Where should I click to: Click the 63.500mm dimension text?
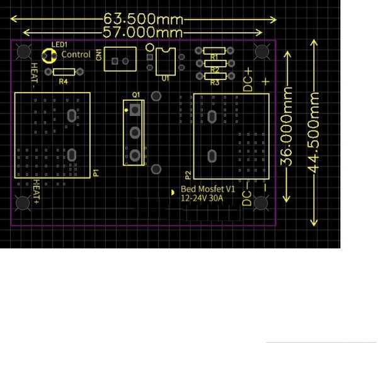(143, 19)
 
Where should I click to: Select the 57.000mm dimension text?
(143, 32)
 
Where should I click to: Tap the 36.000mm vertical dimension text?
(287, 127)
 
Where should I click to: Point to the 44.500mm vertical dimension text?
(314, 133)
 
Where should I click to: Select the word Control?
(76, 54)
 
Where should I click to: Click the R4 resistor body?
(64, 72)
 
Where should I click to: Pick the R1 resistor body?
(214, 51)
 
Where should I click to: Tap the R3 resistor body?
(215, 76)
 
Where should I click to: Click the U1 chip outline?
(166, 62)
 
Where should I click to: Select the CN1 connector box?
(120, 59)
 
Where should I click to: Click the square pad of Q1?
(135, 110)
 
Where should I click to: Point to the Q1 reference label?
(136, 95)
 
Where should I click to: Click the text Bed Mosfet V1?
(208, 189)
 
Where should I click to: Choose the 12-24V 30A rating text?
(202, 199)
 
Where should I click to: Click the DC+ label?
(248, 80)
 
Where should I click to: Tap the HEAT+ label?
(36, 192)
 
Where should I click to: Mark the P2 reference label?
(188, 175)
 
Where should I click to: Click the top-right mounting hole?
(262, 52)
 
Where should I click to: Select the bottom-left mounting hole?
(23, 203)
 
